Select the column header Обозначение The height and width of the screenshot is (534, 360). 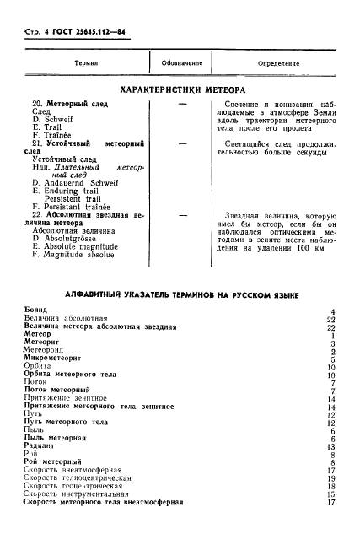tap(182, 63)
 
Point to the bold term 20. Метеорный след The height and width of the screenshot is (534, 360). tap(67, 103)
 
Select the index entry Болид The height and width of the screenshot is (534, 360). tap(36, 311)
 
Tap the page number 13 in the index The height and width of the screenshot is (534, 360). tap(332, 445)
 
